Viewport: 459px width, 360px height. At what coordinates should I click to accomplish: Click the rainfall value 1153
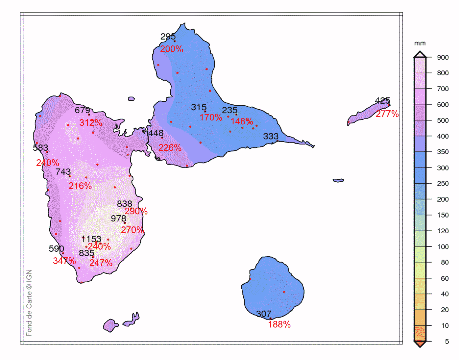point(91,239)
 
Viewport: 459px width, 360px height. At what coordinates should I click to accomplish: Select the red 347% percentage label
point(64,261)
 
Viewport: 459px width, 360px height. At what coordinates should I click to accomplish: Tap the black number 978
point(118,219)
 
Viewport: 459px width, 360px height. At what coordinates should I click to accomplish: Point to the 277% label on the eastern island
point(387,114)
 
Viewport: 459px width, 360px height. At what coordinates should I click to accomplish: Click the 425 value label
point(382,101)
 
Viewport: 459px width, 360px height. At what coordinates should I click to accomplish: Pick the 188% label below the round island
point(279,324)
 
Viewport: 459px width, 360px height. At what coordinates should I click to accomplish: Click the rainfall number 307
point(264,314)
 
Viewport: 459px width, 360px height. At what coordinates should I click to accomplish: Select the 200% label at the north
point(172,49)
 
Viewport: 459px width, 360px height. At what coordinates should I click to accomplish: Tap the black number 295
point(168,37)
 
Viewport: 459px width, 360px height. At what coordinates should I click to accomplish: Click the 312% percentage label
point(91,123)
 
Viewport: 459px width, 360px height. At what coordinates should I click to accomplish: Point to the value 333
point(271,136)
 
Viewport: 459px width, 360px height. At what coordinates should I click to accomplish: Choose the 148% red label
point(242,121)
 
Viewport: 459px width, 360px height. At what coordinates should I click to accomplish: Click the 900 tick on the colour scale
point(443,58)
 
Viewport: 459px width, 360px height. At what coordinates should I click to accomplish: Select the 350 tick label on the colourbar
point(443,152)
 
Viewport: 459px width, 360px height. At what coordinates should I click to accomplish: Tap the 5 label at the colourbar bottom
point(447,342)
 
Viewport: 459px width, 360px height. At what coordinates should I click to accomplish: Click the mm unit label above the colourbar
point(420,43)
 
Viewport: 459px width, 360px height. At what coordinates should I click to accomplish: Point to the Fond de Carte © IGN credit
point(29,303)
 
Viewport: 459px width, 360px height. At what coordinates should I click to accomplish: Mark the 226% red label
point(170,148)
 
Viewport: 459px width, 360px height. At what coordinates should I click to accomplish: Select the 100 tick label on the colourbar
point(443,247)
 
